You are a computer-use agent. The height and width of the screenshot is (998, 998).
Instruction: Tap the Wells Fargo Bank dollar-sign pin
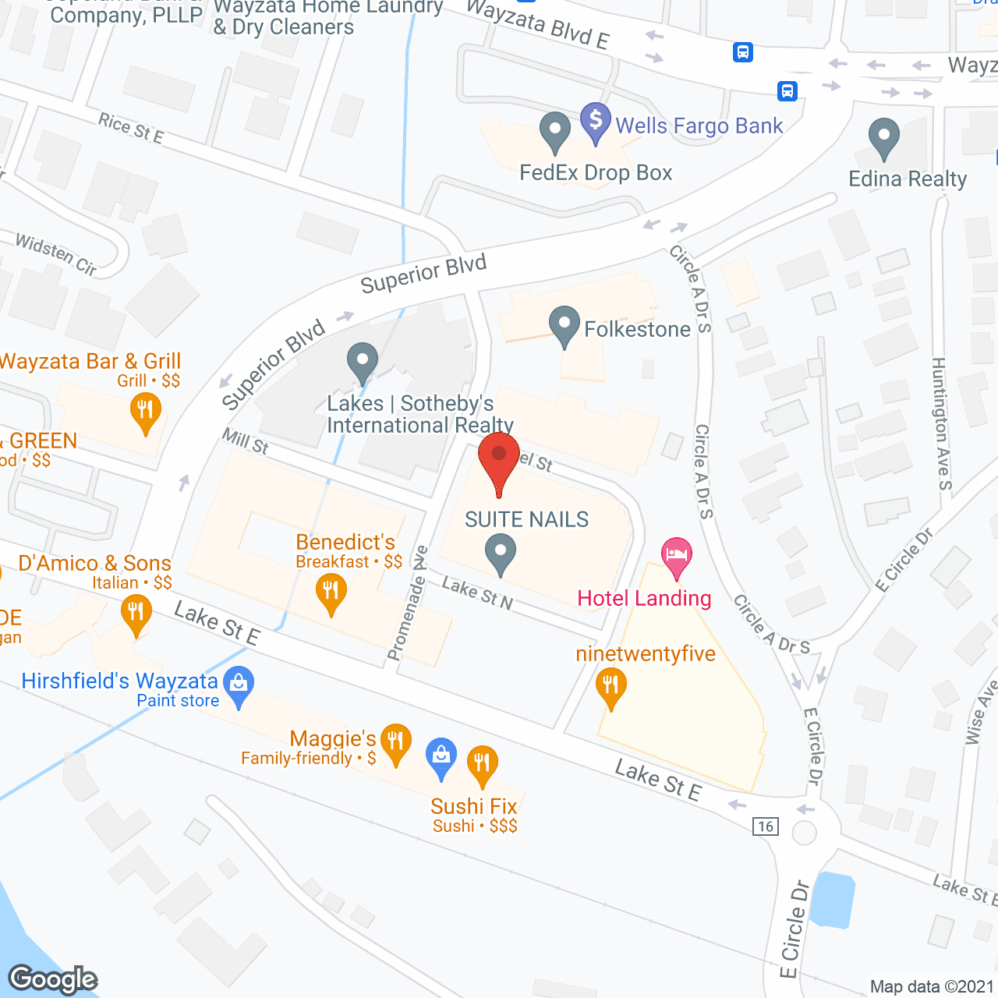click(596, 122)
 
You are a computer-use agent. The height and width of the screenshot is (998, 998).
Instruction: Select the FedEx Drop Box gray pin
click(555, 131)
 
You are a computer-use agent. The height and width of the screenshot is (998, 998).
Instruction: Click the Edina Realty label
click(908, 179)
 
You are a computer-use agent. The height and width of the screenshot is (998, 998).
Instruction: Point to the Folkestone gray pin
click(564, 325)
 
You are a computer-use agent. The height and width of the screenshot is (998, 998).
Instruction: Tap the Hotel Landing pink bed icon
click(677, 556)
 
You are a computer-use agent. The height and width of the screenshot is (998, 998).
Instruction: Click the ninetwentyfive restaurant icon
click(611, 687)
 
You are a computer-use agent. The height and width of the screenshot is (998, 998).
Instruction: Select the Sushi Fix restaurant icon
click(482, 764)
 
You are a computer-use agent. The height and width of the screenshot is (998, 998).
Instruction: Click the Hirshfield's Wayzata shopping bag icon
click(239, 685)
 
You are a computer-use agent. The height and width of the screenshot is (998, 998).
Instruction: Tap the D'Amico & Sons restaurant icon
click(136, 613)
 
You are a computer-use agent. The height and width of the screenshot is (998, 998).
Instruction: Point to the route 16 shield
click(766, 826)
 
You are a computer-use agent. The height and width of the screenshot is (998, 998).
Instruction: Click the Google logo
click(53, 979)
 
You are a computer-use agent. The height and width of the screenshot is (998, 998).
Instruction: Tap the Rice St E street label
click(131, 129)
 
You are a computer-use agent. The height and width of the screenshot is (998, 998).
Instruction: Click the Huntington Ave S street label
click(942, 423)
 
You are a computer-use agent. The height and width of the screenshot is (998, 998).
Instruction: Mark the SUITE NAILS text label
click(526, 519)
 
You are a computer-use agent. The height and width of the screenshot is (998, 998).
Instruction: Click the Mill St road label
click(246, 441)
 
